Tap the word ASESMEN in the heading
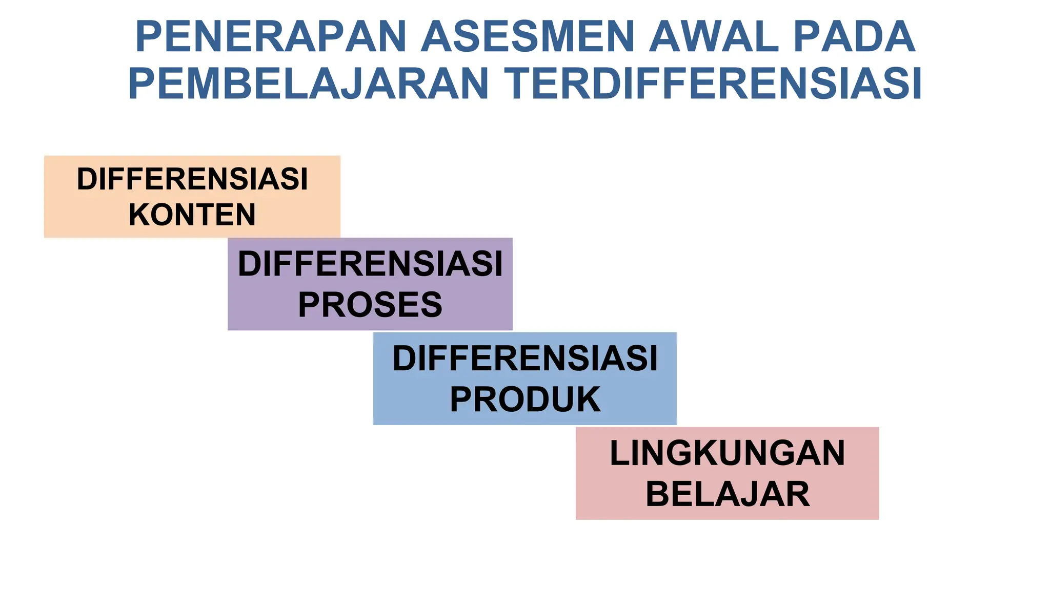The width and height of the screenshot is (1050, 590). pyautogui.click(x=528, y=37)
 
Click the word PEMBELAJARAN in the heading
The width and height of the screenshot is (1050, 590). pyautogui.click(x=308, y=83)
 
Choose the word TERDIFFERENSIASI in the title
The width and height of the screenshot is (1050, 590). pyautogui.click(x=713, y=83)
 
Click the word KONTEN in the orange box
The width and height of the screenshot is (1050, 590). pyautogui.click(x=192, y=215)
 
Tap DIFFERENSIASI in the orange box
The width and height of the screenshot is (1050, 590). pyautogui.click(x=192, y=179)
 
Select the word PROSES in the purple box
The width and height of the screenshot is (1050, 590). pyautogui.click(x=370, y=305)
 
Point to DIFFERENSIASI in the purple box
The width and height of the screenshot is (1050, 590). pyautogui.click(x=370, y=264)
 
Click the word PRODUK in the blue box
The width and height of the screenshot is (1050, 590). pyautogui.click(x=525, y=399)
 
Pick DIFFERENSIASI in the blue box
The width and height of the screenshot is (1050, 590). pyautogui.click(x=525, y=358)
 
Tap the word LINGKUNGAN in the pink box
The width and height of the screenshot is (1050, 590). pyautogui.click(x=727, y=453)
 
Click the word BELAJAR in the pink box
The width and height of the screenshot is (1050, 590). pyautogui.click(x=727, y=494)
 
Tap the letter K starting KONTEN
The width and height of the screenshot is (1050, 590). pyautogui.click(x=139, y=215)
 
